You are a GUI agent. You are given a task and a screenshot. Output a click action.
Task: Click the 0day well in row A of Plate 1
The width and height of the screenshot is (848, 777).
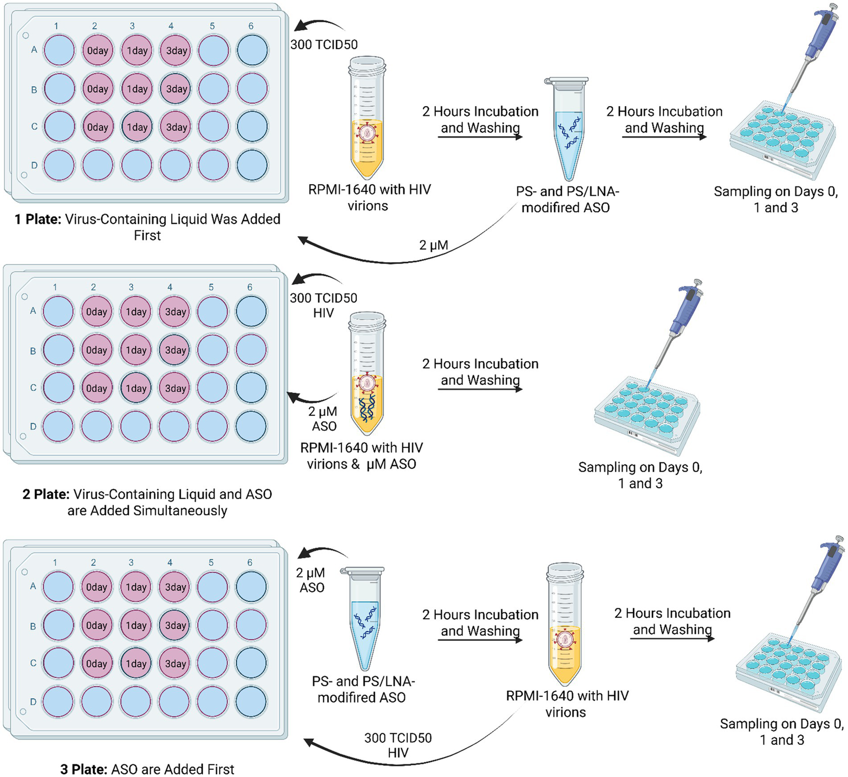point(97,50)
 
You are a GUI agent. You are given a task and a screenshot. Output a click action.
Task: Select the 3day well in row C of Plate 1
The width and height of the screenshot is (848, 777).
point(176,127)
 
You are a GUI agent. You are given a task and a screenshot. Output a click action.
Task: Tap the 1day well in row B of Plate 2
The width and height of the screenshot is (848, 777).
point(136,350)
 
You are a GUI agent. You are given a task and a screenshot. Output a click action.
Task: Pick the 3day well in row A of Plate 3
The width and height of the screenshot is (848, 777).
point(175,587)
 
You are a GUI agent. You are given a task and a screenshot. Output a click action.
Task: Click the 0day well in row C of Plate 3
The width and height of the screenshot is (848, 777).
point(96,663)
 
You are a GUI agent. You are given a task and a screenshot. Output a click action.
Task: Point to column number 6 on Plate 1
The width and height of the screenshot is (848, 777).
point(251,26)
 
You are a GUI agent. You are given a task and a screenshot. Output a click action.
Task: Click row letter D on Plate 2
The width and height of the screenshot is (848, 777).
point(33,426)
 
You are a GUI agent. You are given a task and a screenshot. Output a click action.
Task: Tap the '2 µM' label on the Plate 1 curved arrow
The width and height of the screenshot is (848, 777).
point(433,245)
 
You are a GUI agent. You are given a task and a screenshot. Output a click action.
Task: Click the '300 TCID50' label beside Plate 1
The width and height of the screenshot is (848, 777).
point(324,45)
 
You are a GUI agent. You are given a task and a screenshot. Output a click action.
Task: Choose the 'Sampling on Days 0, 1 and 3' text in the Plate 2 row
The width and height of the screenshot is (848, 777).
point(640,475)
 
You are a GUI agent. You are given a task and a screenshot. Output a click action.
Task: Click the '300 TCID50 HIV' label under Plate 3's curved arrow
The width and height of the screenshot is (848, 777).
point(398,745)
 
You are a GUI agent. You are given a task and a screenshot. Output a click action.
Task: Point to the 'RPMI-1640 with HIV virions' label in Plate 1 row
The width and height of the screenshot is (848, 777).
point(369,197)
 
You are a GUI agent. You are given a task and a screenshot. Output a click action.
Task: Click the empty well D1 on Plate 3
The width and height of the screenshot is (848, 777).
point(57,701)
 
